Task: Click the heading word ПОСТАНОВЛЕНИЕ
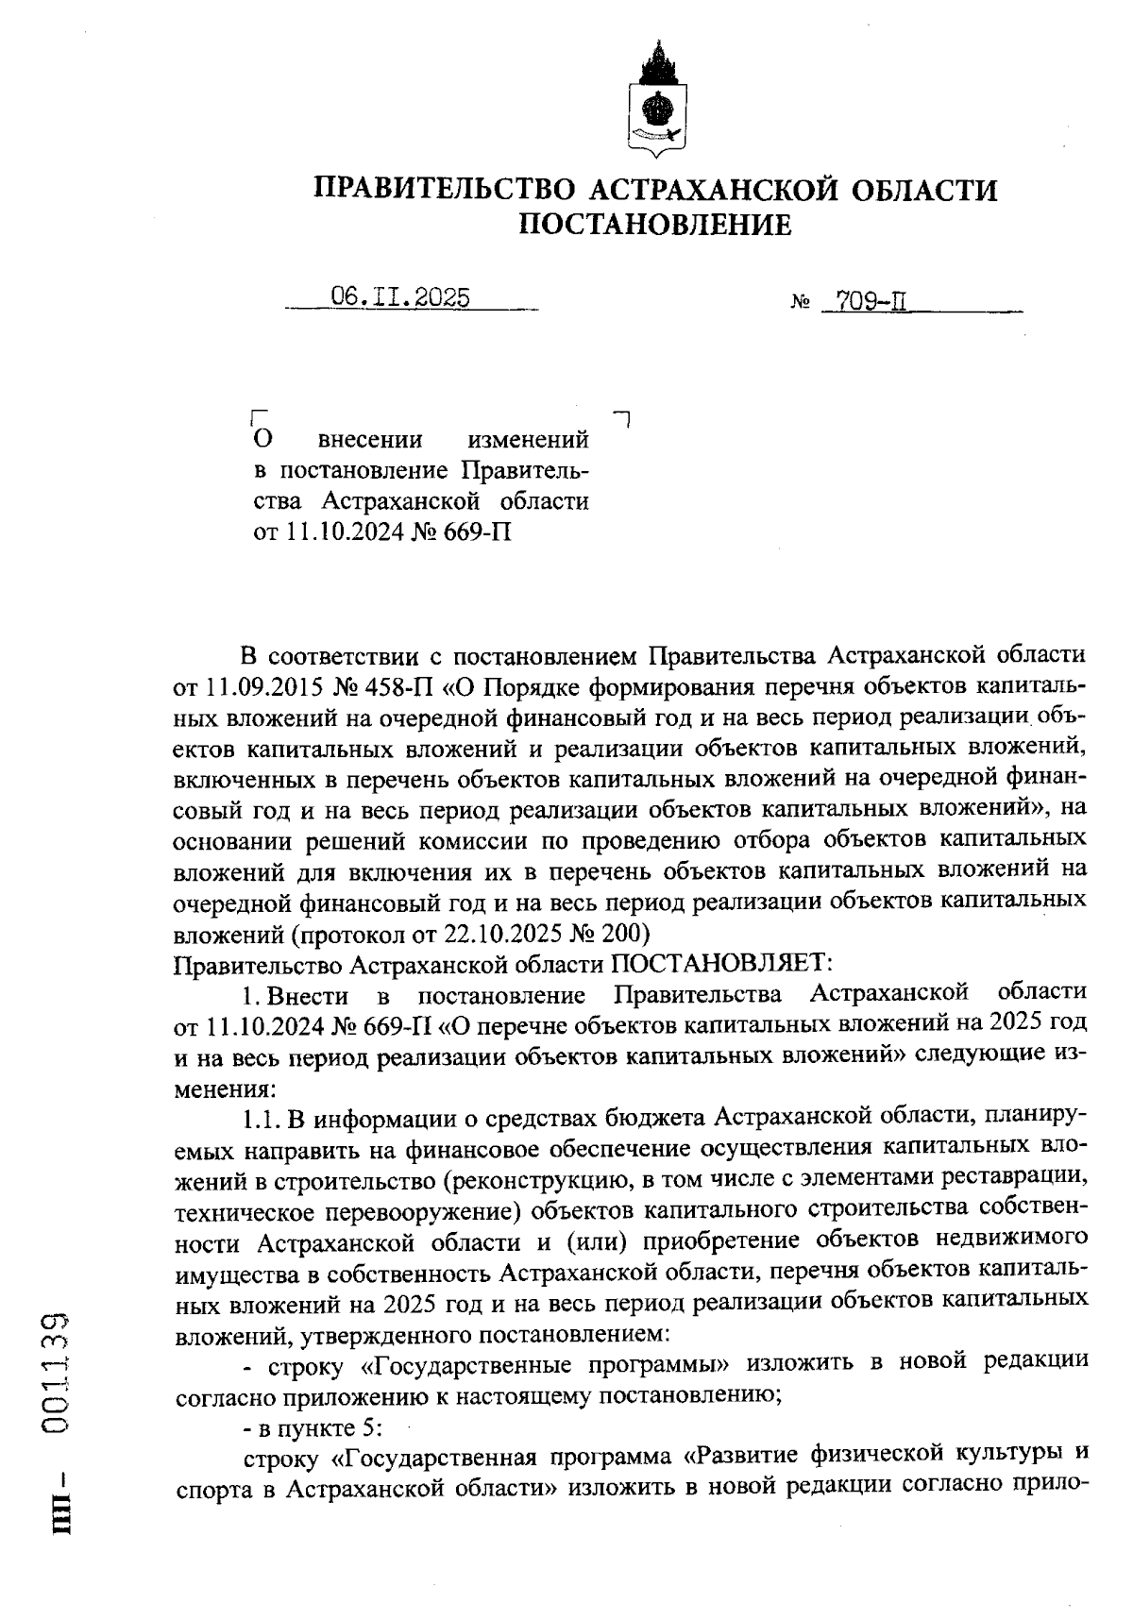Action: point(656,225)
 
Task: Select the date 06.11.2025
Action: point(400,297)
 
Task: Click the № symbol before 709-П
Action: point(799,305)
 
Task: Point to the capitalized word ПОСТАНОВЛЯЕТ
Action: point(720,965)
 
